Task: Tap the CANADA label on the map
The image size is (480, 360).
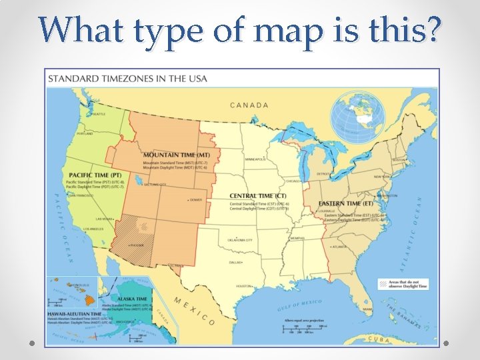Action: pyautogui.click(x=249, y=105)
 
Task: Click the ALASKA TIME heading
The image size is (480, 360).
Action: pyautogui.click(x=132, y=299)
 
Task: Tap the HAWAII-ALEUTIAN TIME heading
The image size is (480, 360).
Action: pyautogui.click(x=74, y=313)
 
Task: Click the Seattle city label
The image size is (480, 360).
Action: pyautogui.click(x=98, y=114)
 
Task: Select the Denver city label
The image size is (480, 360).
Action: pyautogui.click(x=195, y=199)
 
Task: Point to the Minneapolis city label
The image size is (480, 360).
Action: pyautogui.click(x=255, y=159)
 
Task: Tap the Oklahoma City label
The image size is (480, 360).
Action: pyautogui.click(x=240, y=240)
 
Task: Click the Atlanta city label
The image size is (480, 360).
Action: pyautogui.click(x=339, y=247)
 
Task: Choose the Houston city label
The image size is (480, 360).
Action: pyautogui.click(x=243, y=286)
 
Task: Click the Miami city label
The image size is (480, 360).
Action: pyautogui.click(x=367, y=309)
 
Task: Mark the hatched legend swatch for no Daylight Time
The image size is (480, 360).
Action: pyautogui.click(x=384, y=283)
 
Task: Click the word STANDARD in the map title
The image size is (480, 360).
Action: pyautogui.click(x=75, y=78)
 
